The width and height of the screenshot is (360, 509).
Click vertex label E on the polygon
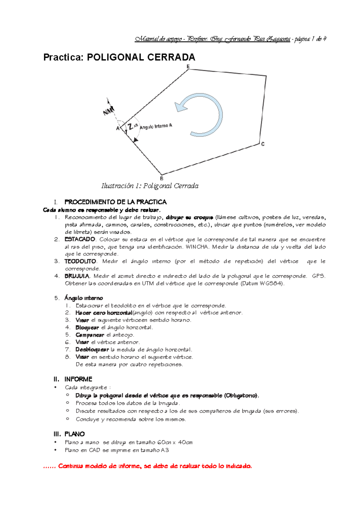tap(188, 66)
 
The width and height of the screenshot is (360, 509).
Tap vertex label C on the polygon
tap(263, 144)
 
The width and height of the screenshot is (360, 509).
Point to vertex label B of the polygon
tap(162, 178)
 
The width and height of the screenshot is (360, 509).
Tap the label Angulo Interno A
tap(156, 127)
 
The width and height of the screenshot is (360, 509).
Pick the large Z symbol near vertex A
tap(130, 127)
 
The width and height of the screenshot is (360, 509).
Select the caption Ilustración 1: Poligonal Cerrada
tap(150, 186)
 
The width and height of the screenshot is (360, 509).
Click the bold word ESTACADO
tap(80, 240)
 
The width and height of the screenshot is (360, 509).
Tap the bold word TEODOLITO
tap(80, 261)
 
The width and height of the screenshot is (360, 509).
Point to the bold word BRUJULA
tap(77, 276)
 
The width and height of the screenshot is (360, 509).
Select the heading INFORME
tap(78, 379)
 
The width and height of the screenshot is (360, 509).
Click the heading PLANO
tap(75, 434)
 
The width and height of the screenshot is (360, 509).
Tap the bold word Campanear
tap(90, 335)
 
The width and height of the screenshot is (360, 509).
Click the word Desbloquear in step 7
tap(92, 350)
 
